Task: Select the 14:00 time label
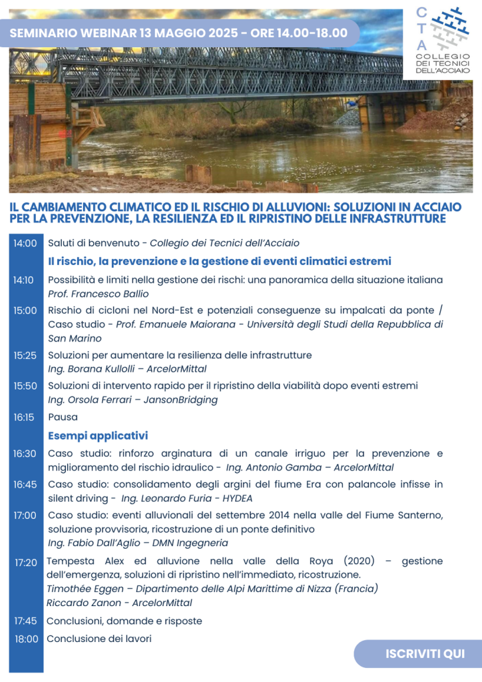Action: tap(25, 243)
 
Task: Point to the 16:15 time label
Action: tap(25, 417)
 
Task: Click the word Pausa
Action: tap(63, 417)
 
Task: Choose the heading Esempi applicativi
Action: tap(98, 436)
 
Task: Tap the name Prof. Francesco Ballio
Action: tap(98, 294)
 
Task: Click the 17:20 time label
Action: tap(26, 562)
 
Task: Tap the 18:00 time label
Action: tap(26, 639)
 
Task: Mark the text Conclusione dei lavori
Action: tap(99, 639)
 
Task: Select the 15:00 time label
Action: tap(25, 310)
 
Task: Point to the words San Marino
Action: tap(75, 338)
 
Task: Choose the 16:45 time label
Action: tap(25, 484)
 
